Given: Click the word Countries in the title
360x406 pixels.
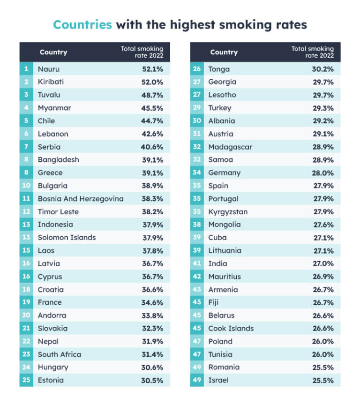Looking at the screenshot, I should (82, 24).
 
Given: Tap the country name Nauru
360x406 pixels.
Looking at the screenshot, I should (49, 69).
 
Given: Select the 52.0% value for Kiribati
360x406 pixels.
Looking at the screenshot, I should (152, 82).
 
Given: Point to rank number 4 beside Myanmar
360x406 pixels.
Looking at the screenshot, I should (26, 108).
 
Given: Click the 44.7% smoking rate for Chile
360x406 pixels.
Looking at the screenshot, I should (152, 121).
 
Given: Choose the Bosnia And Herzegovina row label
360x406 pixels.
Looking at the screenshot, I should (81, 199).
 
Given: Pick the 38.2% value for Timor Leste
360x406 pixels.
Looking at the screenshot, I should (152, 211).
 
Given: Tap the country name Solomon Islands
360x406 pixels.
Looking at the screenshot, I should (67, 237).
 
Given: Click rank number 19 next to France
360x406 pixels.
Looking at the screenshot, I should (26, 302).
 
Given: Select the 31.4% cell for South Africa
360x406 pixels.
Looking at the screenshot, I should (152, 354).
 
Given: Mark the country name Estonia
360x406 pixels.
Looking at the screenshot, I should (51, 380).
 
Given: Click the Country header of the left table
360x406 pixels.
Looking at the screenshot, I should (53, 52).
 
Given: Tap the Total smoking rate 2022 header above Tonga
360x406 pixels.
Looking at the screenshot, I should (312, 52).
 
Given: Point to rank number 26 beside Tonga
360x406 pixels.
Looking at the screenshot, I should (197, 69).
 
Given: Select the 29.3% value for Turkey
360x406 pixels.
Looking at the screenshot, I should (323, 108).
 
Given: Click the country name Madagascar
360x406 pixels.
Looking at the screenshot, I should (230, 147).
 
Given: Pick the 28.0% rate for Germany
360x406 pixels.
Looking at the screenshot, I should (323, 173).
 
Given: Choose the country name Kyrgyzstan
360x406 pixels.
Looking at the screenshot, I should (228, 211).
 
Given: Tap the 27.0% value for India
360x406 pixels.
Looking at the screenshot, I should (323, 263).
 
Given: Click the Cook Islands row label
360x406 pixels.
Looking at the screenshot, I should (231, 328).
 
